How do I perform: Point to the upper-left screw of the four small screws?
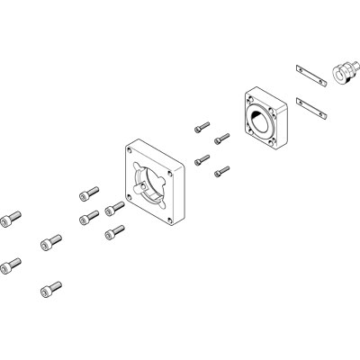pos(201,129)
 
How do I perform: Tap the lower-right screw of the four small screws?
pos(221,168)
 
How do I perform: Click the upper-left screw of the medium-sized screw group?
pos(88,192)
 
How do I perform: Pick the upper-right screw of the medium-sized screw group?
pos(114,210)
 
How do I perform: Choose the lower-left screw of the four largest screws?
pos(12,265)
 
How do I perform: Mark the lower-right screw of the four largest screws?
pos(49,289)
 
